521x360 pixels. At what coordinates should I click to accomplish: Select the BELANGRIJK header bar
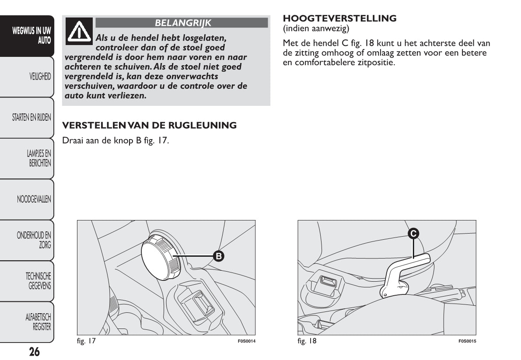tap(182, 23)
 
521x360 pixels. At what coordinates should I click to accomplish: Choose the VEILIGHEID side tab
tap(39, 77)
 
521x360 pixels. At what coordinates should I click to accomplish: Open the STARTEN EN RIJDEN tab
tap(31, 117)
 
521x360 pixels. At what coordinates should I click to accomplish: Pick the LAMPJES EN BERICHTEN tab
tap(39, 158)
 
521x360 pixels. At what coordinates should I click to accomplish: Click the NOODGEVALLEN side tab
tap(34, 199)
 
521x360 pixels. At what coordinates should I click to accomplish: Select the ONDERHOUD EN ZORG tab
tap(34, 240)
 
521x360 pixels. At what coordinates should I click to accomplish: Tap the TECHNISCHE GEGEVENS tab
tap(38, 281)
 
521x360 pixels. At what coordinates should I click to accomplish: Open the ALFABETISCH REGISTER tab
tap(38, 322)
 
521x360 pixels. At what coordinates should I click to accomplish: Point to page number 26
tap(34, 352)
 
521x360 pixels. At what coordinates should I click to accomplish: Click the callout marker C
tap(413, 233)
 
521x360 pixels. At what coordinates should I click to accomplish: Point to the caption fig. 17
tap(86, 341)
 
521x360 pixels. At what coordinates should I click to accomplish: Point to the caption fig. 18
tap(307, 341)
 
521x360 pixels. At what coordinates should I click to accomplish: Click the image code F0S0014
tap(246, 341)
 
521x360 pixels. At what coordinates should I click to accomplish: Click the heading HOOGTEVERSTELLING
tap(340, 18)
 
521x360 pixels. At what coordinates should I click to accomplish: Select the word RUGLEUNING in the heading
tap(204, 126)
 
